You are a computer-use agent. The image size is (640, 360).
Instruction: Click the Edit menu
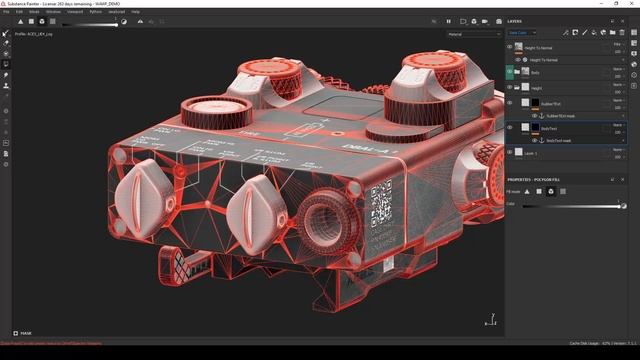[x=19, y=11]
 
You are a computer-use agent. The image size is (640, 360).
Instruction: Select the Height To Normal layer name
[x=540, y=47]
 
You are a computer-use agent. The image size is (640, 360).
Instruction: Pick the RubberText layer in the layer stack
[x=550, y=102]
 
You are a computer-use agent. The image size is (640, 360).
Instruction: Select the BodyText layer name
[x=549, y=128]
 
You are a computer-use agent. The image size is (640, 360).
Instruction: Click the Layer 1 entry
[x=531, y=153]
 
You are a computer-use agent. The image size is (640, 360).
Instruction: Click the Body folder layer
[x=535, y=72]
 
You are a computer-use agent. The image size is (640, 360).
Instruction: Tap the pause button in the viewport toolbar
[x=448, y=20]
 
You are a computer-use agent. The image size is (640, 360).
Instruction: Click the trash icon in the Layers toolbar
[x=631, y=33]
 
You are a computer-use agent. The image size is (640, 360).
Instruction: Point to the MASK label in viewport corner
[x=26, y=333]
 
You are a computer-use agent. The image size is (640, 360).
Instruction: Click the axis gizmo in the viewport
[x=489, y=321]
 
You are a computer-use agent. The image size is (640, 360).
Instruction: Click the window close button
[x=633, y=4]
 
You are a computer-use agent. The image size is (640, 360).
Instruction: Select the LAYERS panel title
[x=515, y=20]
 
